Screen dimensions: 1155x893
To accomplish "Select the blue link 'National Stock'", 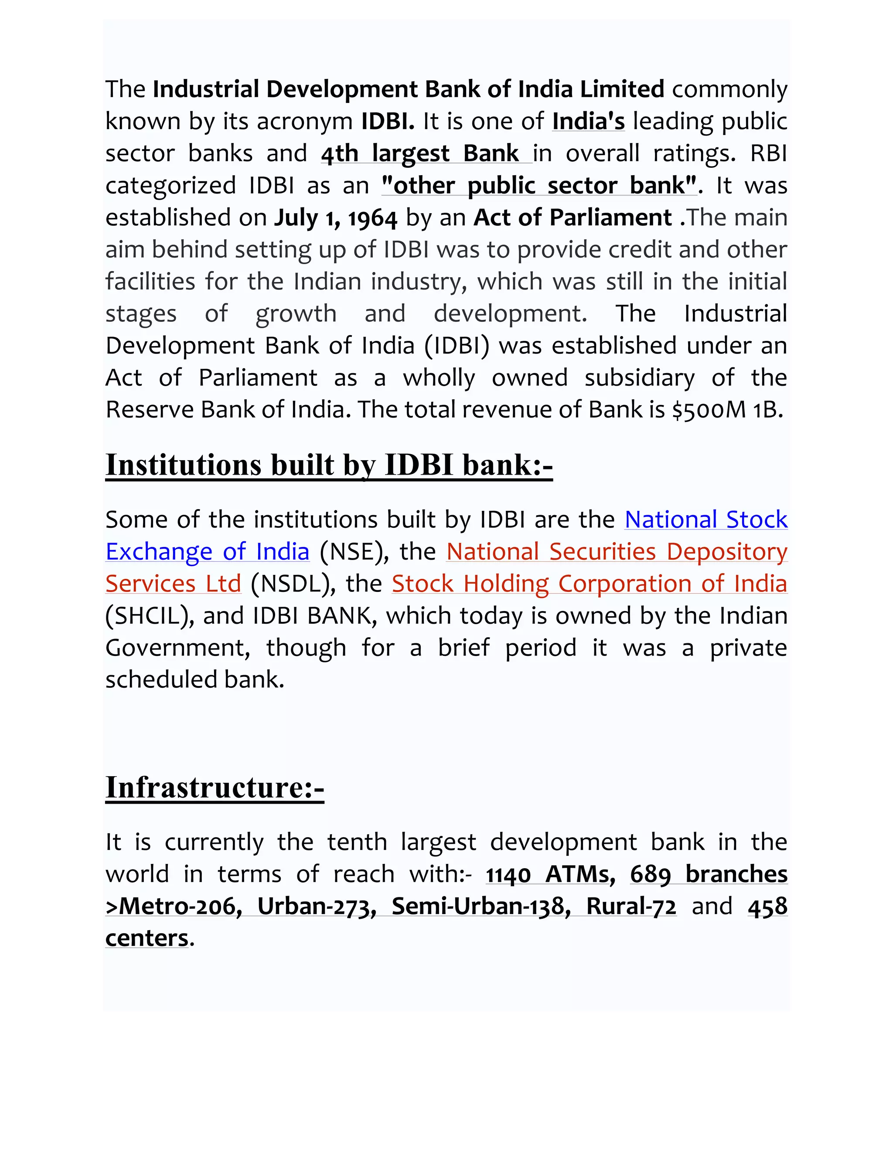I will point(706,520).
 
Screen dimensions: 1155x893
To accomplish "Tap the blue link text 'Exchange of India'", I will point(208,552).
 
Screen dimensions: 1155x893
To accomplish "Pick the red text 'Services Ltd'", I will point(173,584).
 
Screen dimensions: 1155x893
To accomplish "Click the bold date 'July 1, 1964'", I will point(335,218).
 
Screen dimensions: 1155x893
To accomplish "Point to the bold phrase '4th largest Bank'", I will point(419,153).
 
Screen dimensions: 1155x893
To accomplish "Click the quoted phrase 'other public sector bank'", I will point(539,186).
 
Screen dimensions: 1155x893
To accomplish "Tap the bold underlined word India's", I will point(588,121).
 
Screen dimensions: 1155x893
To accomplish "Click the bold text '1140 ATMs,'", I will point(550,874).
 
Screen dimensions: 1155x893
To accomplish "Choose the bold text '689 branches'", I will point(709,874).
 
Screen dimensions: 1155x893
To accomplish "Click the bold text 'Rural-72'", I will point(631,907).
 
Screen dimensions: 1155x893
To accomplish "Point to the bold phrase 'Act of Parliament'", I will point(573,218).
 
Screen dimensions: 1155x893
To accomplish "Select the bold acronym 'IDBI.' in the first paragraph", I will point(387,121).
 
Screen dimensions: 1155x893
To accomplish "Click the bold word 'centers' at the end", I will point(147,939).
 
